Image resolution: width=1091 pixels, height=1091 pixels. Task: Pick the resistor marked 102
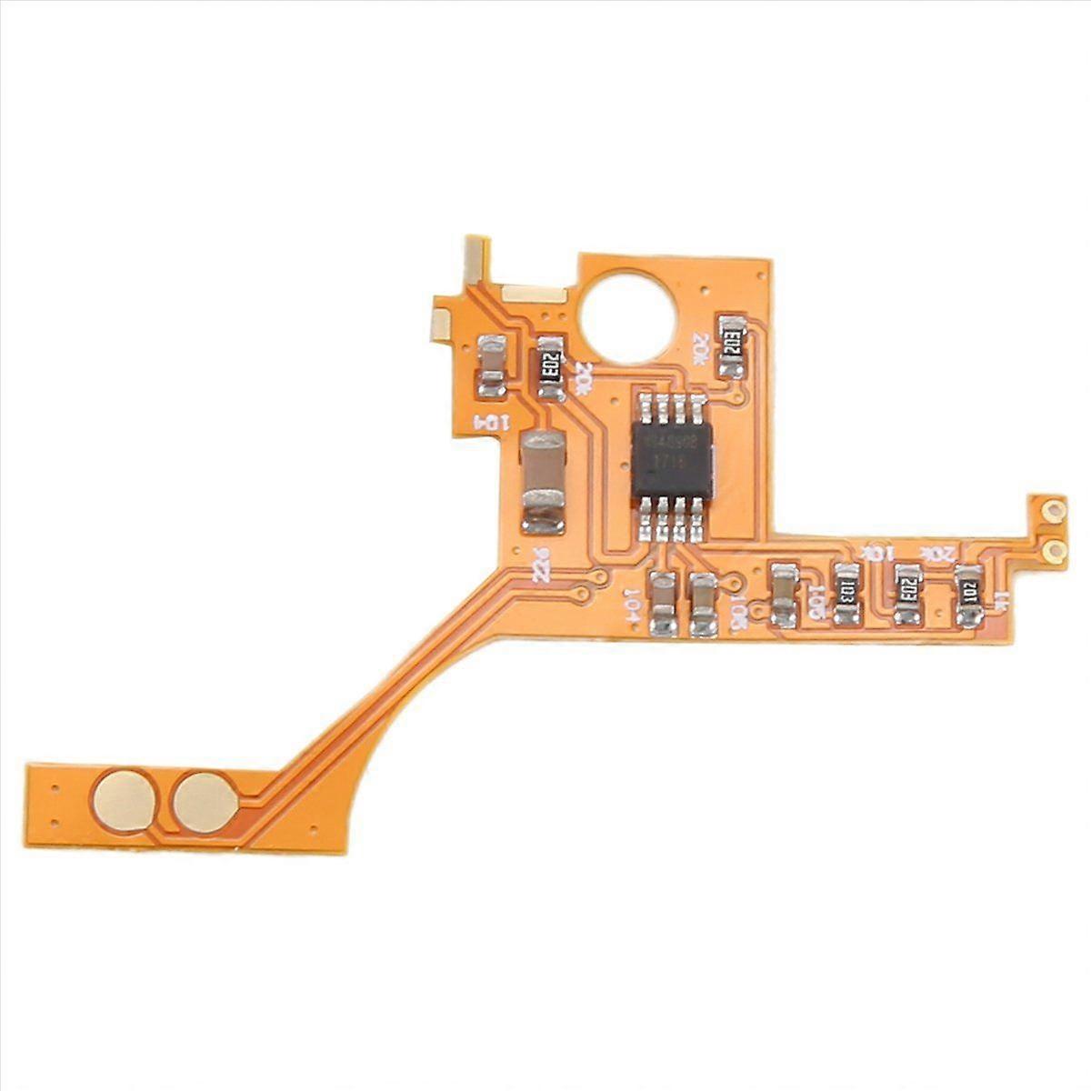[x=969, y=596]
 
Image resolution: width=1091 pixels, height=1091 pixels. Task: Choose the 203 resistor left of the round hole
[x=548, y=367]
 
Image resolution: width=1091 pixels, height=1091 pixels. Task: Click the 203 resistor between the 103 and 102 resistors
[x=906, y=595]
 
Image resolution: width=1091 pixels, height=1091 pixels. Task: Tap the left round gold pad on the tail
[x=125, y=799]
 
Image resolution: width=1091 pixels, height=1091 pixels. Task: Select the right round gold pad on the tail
[x=205, y=799]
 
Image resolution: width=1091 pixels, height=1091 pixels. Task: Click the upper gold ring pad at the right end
[x=1053, y=511]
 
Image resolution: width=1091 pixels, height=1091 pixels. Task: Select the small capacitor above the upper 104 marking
[x=492, y=365]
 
